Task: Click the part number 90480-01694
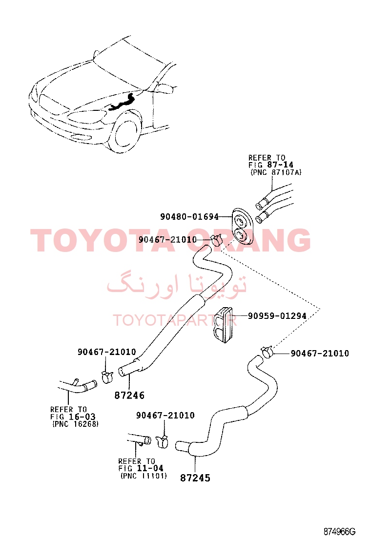189,217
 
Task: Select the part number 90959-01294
277,316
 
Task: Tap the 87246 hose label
129,396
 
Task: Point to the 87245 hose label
195,478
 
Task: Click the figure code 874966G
339,532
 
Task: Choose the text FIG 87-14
270,165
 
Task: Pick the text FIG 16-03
73,417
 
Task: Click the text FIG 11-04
141,468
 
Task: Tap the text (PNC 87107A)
276,172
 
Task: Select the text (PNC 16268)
76,424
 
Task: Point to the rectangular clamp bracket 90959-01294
223,325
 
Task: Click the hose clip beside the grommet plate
216,239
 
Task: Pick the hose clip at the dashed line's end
267,352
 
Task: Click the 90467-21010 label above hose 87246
106,352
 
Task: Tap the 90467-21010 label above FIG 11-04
165,415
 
